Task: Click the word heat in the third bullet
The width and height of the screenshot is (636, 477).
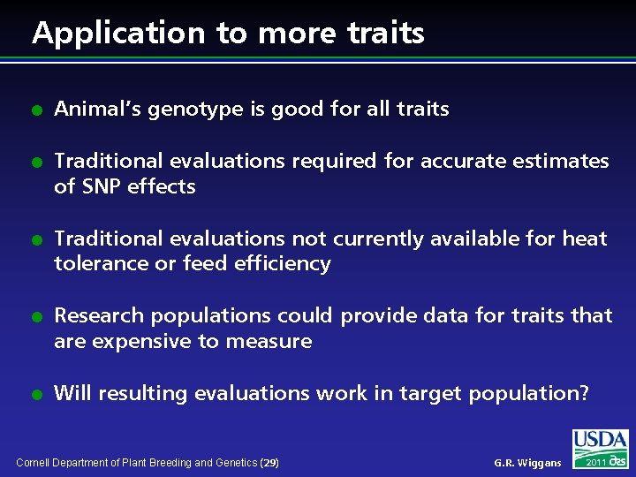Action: coord(585,238)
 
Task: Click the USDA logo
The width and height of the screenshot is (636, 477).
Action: coord(600,441)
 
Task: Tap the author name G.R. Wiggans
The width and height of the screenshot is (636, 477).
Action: coord(527,463)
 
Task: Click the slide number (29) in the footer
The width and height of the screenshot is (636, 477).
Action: coord(270,463)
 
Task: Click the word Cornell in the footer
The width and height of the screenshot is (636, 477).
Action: coord(34,463)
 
